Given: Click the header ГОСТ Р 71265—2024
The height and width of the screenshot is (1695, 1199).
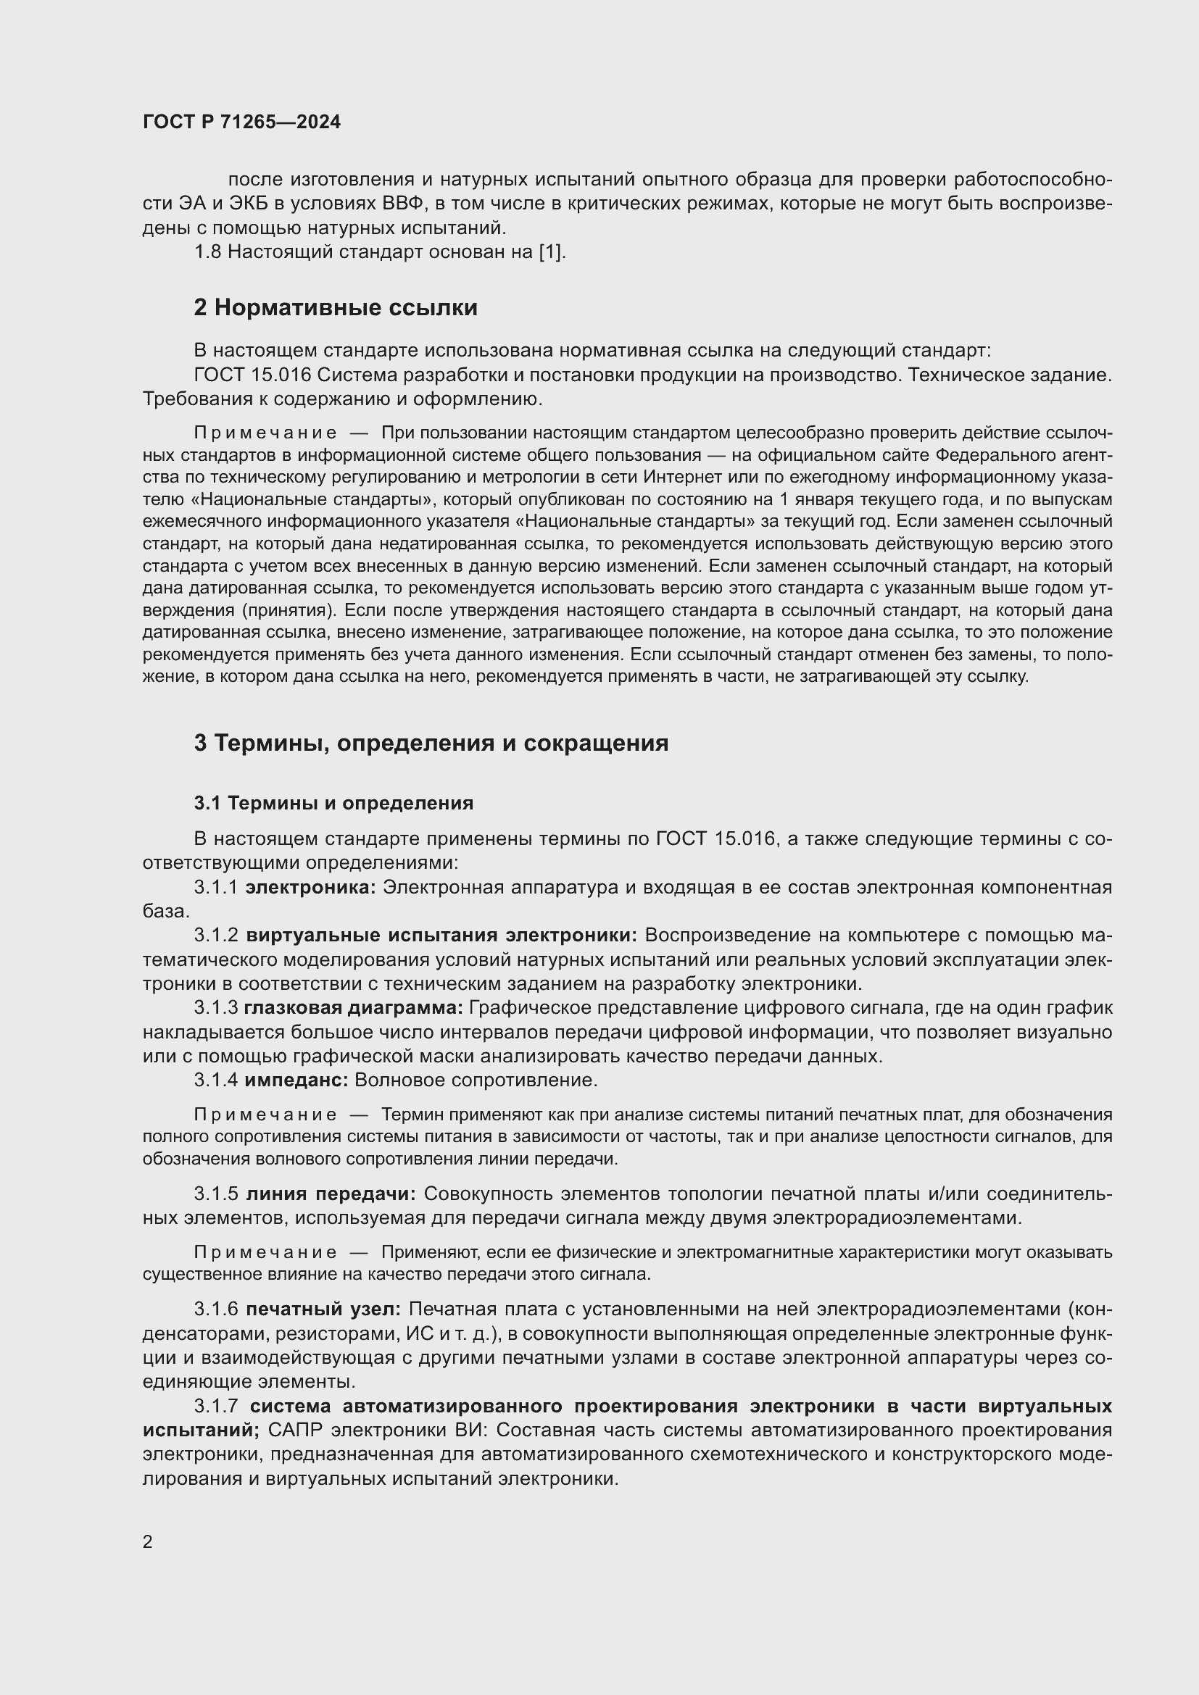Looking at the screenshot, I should (x=241, y=122).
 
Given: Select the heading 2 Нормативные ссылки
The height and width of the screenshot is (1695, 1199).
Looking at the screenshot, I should (x=335, y=307).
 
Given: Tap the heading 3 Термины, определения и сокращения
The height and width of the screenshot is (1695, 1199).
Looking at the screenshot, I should (x=431, y=743).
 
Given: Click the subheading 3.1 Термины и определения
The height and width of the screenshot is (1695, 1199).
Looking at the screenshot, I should (x=333, y=802).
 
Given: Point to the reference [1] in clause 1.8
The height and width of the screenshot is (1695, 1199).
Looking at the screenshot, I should (x=551, y=251).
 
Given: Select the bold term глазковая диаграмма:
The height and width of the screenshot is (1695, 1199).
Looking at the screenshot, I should (x=353, y=1008).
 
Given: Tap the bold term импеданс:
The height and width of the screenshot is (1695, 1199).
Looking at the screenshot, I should (x=296, y=1080).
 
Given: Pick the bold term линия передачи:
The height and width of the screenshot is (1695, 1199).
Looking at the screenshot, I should (x=331, y=1194).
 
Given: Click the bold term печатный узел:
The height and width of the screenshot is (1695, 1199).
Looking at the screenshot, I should (x=323, y=1309).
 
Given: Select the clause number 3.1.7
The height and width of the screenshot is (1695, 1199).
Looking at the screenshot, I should (x=215, y=1407).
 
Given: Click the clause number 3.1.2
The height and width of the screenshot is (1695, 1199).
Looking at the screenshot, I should (x=215, y=936).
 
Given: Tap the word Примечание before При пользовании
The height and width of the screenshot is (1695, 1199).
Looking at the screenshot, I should (x=265, y=433).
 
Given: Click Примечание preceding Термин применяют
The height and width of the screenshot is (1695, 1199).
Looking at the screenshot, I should (x=265, y=1114).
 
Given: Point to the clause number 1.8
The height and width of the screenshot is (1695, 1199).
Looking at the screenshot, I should (x=207, y=251).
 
